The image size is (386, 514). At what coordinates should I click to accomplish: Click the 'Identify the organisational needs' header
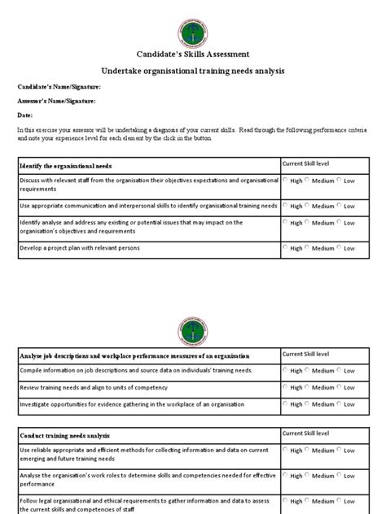pyautogui.click(x=67, y=165)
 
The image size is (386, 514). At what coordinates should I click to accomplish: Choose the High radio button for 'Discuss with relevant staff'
pyautogui.click(x=286, y=181)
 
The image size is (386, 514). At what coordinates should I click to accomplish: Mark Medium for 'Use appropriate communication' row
pyautogui.click(x=308, y=206)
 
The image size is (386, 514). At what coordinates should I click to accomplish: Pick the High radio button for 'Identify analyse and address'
pyautogui.click(x=286, y=221)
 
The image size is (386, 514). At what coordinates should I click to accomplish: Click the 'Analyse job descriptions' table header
pyautogui.click(x=134, y=355)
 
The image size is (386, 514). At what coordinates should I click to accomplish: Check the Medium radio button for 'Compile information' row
pyautogui.click(x=308, y=370)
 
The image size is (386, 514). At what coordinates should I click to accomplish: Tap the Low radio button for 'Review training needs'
pyautogui.click(x=340, y=387)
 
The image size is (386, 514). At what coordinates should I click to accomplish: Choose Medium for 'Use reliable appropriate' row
pyautogui.click(x=308, y=451)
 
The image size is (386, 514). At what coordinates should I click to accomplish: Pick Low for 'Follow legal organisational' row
pyautogui.click(x=340, y=501)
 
